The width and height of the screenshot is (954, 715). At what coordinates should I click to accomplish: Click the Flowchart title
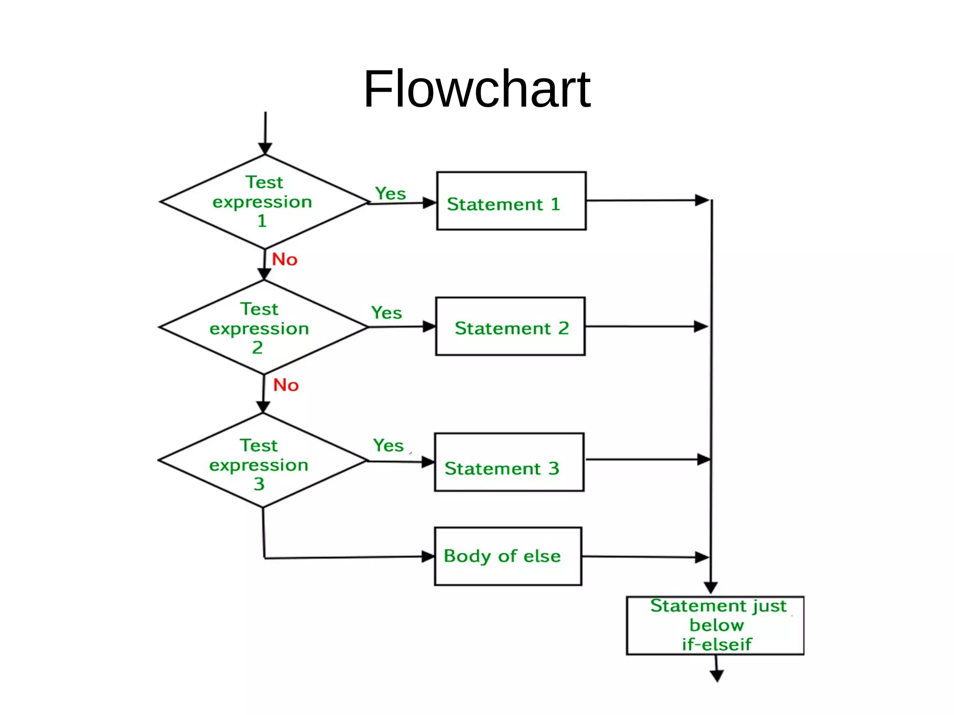click(477, 89)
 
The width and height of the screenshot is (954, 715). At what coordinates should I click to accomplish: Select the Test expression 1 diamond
click(265, 202)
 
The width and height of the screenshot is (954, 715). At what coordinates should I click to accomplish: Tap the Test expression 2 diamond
click(264, 327)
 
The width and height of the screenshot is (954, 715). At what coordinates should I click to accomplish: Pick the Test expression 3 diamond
click(263, 460)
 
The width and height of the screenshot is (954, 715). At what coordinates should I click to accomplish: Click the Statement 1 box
click(511, 201)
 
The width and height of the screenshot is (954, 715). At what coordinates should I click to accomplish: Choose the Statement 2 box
click(510, 326)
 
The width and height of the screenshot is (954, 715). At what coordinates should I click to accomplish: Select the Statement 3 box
click(509, 462)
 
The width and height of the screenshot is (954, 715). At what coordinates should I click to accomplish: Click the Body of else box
click(508, 556)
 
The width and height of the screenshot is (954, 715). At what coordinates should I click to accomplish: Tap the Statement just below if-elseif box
click(715, 625)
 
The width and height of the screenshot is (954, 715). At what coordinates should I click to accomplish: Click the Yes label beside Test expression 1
click(390, 193)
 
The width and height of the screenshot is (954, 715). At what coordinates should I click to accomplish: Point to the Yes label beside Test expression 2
click(386, 313)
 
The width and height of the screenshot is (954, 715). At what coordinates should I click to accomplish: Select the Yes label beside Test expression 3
click(388, 445)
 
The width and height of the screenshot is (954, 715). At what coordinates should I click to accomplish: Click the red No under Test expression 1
click(285, 259)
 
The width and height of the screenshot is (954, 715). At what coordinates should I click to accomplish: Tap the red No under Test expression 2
click(286, 385)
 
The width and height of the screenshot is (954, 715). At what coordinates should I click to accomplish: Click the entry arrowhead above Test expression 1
click(265, 149)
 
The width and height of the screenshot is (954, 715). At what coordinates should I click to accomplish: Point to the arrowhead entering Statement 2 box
click(429, 327)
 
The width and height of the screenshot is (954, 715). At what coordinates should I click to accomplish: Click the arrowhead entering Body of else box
click(428, 556)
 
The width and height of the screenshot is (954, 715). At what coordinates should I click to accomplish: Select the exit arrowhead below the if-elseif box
click(717, 675)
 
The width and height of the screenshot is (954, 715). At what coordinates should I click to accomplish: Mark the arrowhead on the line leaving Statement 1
click(702, 200)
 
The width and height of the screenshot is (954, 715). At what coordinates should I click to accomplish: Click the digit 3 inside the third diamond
click(259, 484)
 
